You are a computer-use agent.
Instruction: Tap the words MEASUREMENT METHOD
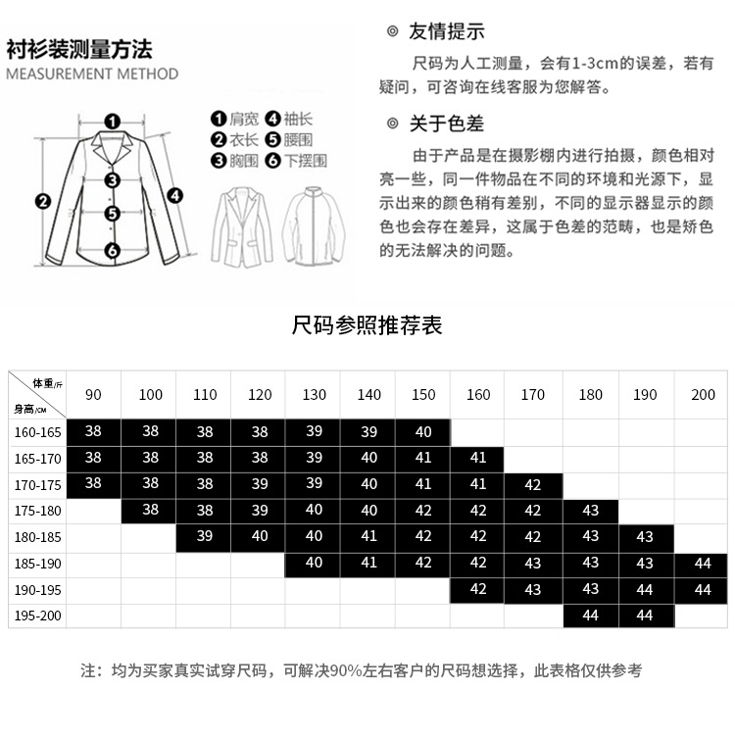pos(92,74)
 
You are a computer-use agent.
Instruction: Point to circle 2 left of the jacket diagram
pos(42,202)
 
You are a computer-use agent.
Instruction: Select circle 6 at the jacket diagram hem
pos(113,250)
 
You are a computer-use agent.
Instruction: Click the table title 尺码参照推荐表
pos(367,324)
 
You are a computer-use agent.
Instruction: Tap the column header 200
pos(703,395)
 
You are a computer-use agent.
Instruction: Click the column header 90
pos(93,395)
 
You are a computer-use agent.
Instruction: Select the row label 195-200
pos(37,616)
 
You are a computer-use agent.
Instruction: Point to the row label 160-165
pos(37,431)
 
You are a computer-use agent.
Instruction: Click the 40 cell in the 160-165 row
pos(423,431)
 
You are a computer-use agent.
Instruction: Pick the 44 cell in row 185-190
pos(703,564)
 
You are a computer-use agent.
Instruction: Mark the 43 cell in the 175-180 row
pos(590,511)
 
